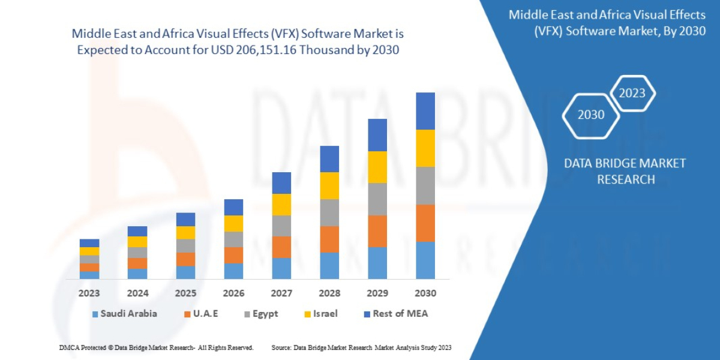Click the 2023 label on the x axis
tap(89, 293)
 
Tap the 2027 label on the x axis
tap(281, 293)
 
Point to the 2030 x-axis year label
tap(425, 293)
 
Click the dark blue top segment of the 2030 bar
tap(425, 111)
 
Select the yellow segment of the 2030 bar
tap(425, 148)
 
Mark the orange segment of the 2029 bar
tap(377, 231)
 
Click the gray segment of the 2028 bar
tap(329, 212)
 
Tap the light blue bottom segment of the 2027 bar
tap(281, 268)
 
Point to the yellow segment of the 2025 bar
tap(185, 233)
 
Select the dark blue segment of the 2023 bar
tap(89, 243)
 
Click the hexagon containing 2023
tap(632, 93)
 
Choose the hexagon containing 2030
tap(591, 115)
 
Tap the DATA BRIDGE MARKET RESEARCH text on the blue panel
tap(625, 171)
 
